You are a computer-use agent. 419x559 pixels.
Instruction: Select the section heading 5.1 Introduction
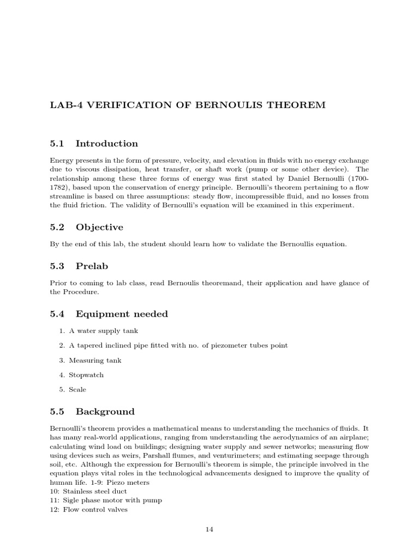[x=94, y=144]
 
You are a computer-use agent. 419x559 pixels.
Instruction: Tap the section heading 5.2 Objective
[x=87, y=227]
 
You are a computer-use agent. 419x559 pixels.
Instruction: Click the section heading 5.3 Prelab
[x=79, y=266]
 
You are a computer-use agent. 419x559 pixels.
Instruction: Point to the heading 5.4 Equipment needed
[x=109, y=314]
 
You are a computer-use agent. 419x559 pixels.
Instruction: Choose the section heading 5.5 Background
[x=92, y=411]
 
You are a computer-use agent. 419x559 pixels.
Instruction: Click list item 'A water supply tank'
[x=99, y=331]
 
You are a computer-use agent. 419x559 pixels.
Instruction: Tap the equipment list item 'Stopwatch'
[x=86, y=375]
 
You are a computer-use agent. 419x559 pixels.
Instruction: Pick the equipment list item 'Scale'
[x=77, y=390]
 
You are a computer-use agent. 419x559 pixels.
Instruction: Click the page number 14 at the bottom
[x=209, y=529]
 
